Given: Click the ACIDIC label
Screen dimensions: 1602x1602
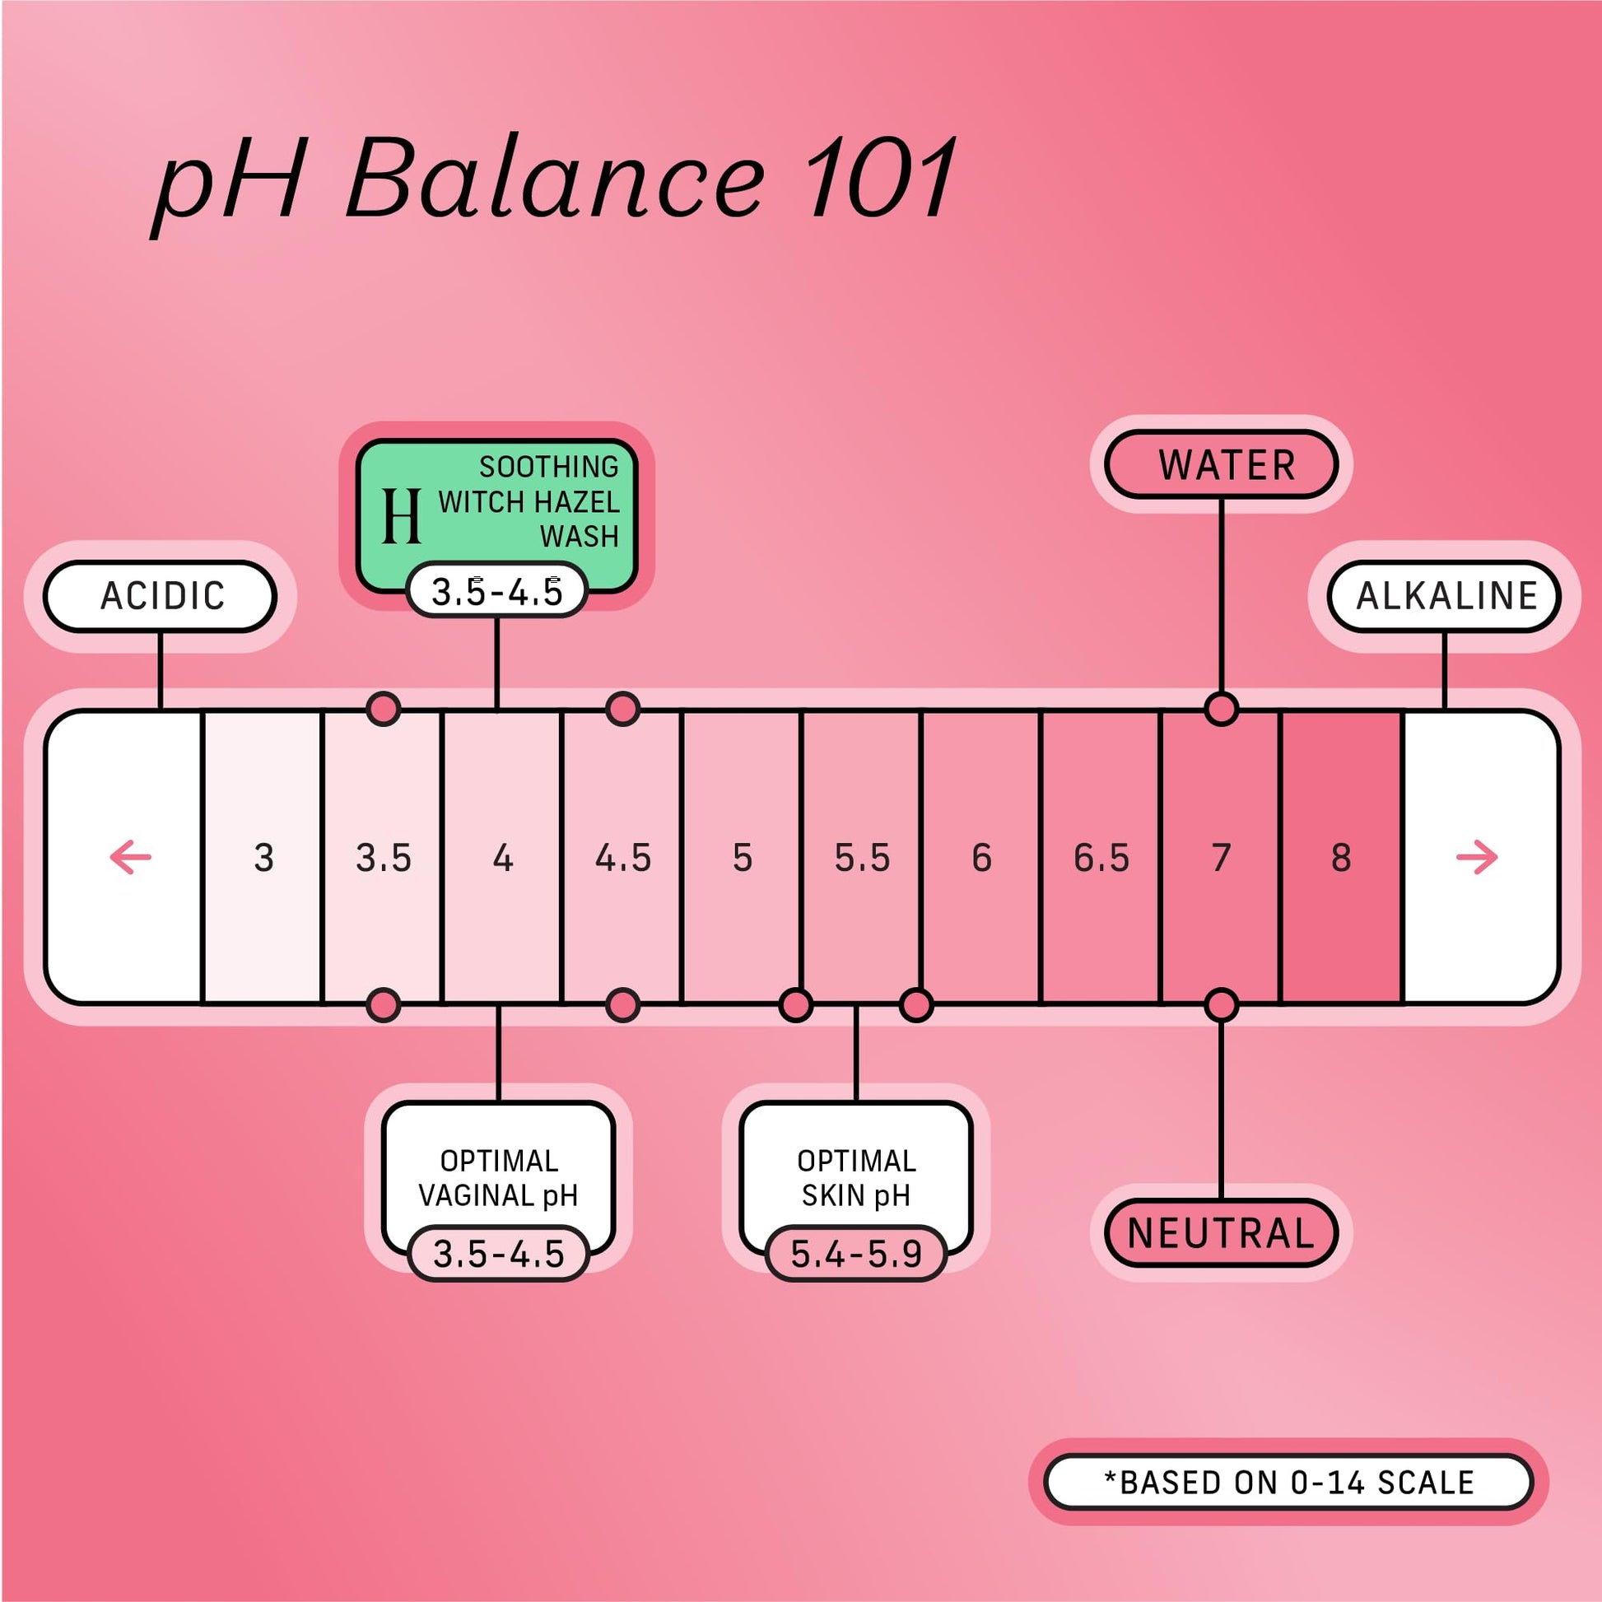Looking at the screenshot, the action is (x=159, y=596).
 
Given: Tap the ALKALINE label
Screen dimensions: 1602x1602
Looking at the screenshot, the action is (x=1445, y=596).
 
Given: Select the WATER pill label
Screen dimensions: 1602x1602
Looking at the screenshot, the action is (x=1222, y=464).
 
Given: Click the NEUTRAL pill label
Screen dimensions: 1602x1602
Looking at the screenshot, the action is (x=1222, y=1233).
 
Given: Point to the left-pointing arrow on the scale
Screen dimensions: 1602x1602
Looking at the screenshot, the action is (x=130, y=857).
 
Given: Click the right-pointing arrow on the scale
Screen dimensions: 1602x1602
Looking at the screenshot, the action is (x=1477, y=857).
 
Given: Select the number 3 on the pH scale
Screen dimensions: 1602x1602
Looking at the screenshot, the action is (x=263, y=857).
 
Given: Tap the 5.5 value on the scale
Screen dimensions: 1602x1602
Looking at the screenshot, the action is (x=863, y=857).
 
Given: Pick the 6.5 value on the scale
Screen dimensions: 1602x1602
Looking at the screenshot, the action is (x=1101, y=857).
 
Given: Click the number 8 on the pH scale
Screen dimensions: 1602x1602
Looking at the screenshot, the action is (x=1341, y=857).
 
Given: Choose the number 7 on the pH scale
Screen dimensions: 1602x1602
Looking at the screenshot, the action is (x=1222, y=857).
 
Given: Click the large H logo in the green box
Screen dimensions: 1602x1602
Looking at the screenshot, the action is (x=402, y=515).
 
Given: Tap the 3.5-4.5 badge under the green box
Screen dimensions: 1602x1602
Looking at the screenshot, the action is (x=496, y=591).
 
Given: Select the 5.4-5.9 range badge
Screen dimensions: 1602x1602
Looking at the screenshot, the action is (x=855, y=1253).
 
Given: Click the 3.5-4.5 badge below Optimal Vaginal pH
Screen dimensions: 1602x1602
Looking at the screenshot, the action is (x=498, y=1253).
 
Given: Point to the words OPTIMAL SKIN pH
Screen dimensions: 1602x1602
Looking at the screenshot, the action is (x=856, y=1177).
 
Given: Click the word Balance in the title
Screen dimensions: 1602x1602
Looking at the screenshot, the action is (x=554, y=179).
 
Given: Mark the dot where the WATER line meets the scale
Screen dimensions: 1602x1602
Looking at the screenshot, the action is (x=1222, y=710).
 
